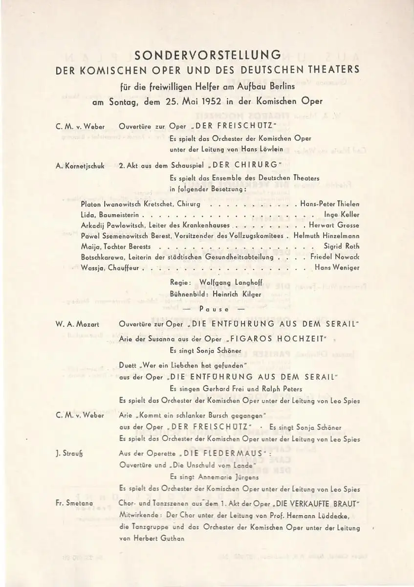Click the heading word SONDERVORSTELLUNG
point(208,54)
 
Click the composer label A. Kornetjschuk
point(80,166)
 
